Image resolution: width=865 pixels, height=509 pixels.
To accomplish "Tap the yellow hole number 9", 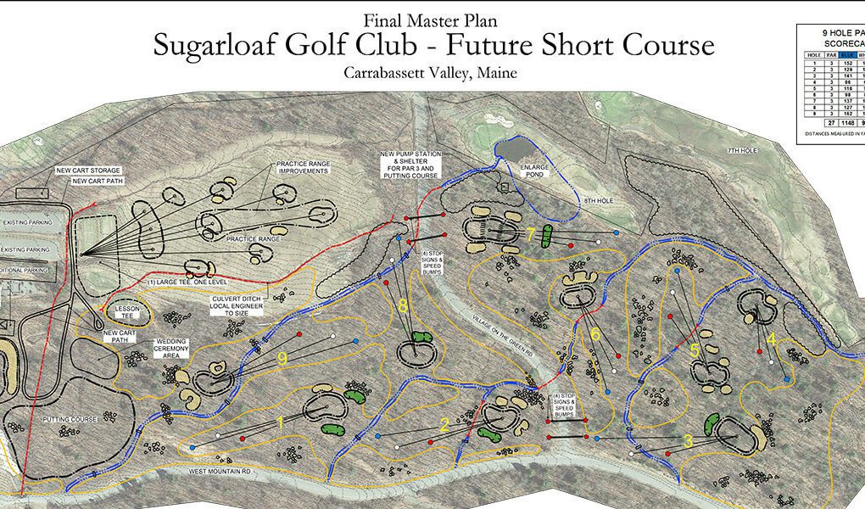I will (x=282, y=360).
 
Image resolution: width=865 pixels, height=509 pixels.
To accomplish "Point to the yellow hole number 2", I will (x=444, y=425).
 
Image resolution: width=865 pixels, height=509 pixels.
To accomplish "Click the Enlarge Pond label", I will (x=535, y=171).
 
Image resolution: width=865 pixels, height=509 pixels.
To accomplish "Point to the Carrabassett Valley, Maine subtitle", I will (x=430, y=73).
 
